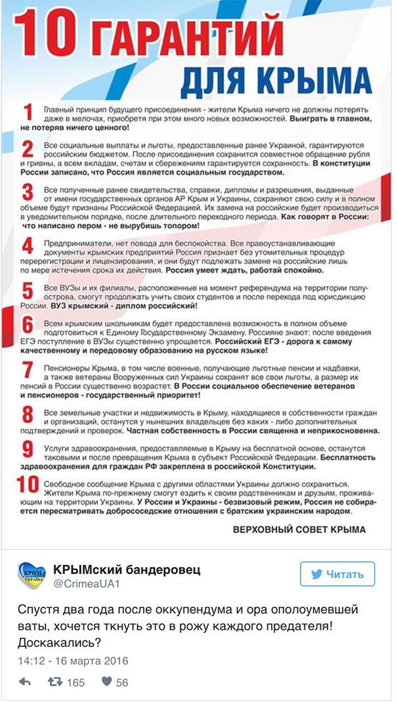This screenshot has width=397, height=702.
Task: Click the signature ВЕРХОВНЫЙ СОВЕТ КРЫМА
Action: [300, 528]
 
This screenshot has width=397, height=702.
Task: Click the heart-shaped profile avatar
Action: [31, 575]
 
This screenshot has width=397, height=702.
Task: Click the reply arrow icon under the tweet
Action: [24, 682]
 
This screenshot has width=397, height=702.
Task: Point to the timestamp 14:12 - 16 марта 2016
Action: [73, 660]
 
